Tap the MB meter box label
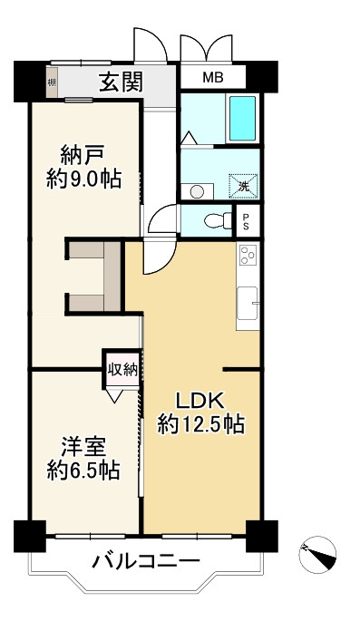point(212,77)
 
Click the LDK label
point(199,400)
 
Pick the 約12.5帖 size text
point(200,423)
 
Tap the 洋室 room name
point(83,446)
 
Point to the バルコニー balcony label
point(145,563)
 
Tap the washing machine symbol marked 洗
point(242,187)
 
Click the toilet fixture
point(214,218)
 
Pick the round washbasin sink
point(198,190)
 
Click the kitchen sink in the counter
point(248,306)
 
